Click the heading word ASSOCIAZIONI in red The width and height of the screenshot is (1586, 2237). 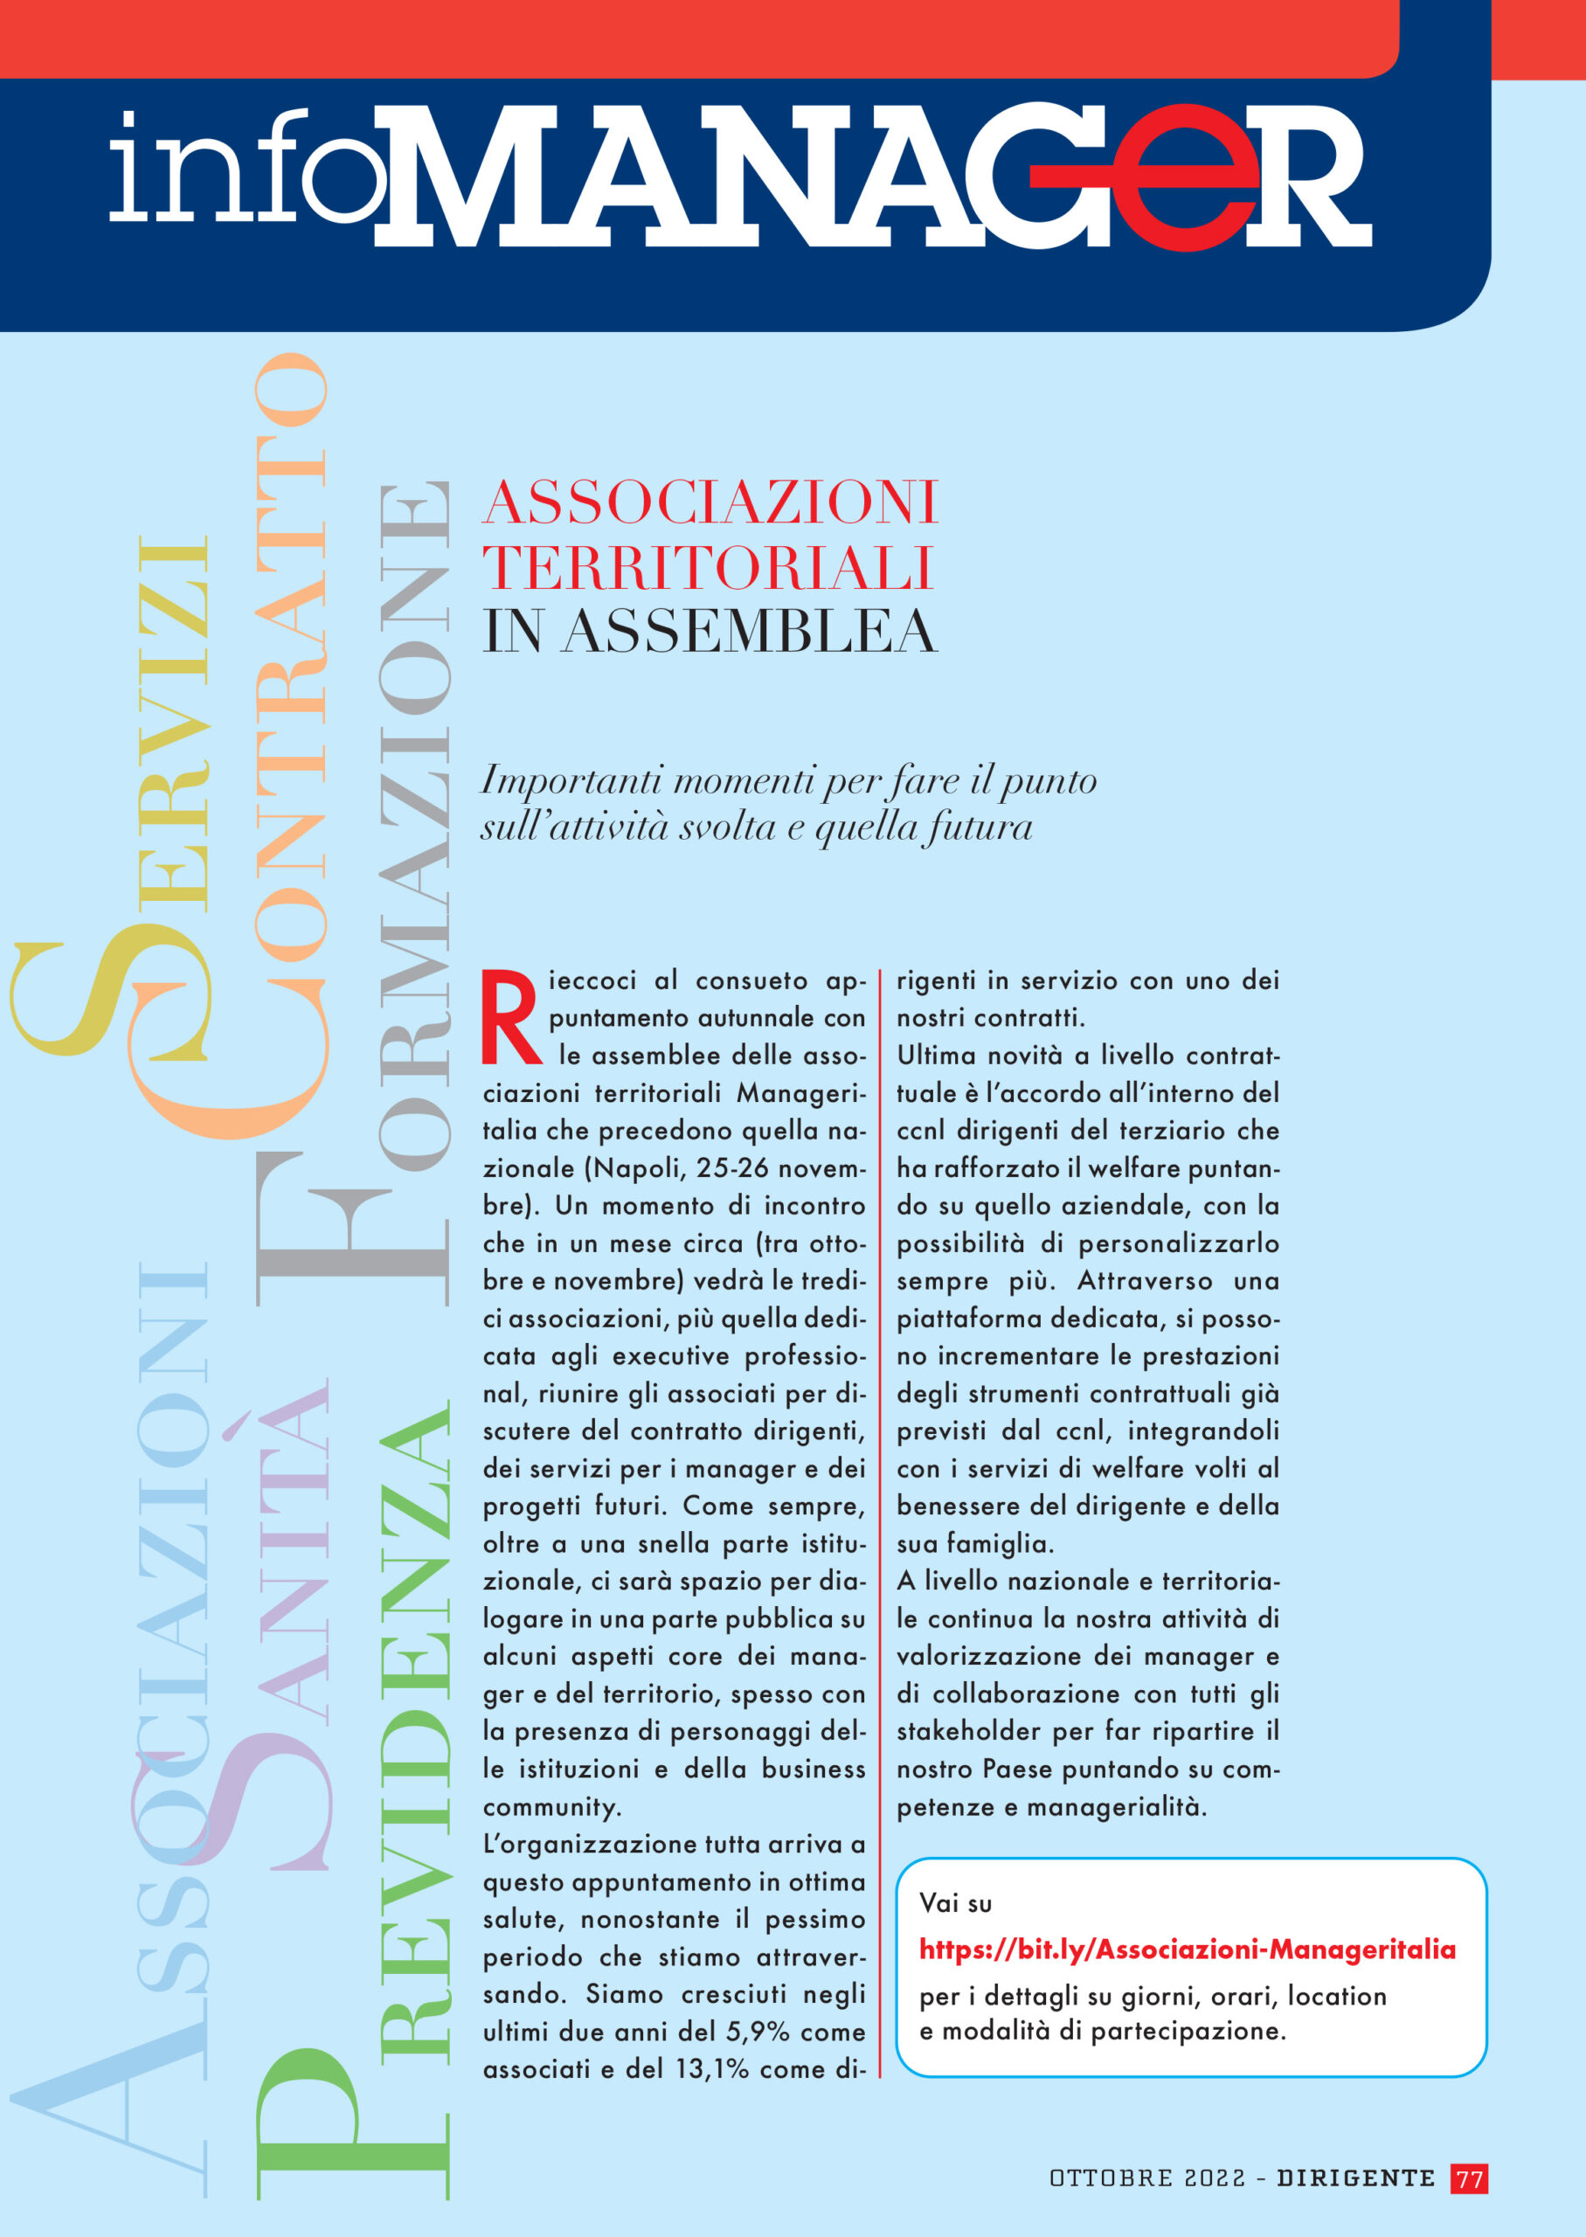[x=710, y=502]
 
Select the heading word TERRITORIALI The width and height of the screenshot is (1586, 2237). [x=708, y=567]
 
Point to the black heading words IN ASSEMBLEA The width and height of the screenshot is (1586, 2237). [x=710, y=632]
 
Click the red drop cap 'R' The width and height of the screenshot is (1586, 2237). [x=511, y=1016]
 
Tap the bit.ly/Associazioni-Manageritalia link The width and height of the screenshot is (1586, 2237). [x=1187, y=1950]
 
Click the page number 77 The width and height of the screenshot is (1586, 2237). [x=1469, y=2178]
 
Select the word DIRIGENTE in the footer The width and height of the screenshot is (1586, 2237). [x=1355, y=2178]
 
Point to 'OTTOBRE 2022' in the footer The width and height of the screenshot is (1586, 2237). [x=1146, y=2178]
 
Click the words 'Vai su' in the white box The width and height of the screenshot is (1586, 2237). [x=955, y=1903]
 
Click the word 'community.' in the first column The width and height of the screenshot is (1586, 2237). [x=551, y=1807]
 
